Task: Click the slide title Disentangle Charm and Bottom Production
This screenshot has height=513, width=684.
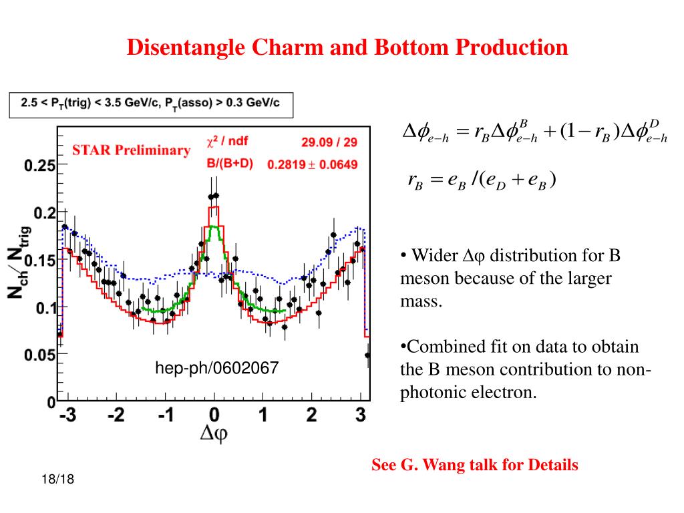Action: click(x=347, y=47)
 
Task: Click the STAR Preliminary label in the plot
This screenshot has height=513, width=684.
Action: click(x=131, y=150)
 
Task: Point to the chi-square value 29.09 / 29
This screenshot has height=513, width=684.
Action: click(x=329, y=142)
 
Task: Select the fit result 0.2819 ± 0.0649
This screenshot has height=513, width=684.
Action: click(x=313, y=164)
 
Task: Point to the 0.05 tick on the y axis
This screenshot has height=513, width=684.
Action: click(x=41, y=355)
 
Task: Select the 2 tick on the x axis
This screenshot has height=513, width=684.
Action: click(x=311, y=415)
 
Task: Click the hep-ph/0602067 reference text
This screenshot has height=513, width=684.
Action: click(x=216, y=367)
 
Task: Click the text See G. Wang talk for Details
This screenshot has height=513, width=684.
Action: click(x=475, y=465)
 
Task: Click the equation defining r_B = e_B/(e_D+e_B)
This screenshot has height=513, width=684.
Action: click(x=481, y=180)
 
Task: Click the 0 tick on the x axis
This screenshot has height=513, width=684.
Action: click(x=214, y=415)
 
